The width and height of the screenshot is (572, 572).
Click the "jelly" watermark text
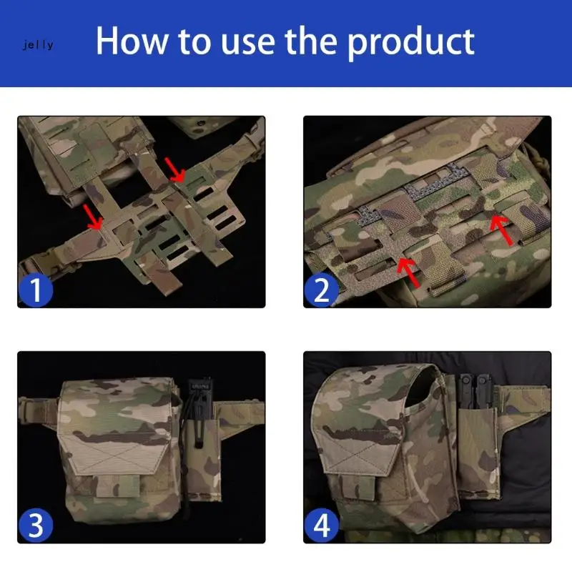click(37, 45)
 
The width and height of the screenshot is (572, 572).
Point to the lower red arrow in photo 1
click(92, 217)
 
